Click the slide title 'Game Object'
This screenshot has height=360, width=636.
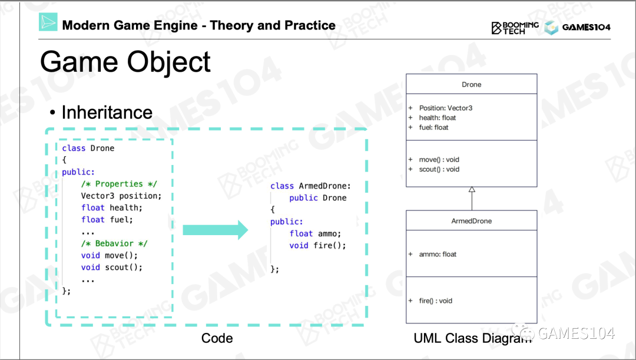coord(125,62)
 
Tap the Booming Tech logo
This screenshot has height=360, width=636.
coord(515,27)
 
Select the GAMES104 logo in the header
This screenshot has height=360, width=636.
coord(577,27)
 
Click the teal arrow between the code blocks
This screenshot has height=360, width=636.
coord(216,230)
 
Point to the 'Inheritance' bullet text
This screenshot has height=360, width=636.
coord(107,113)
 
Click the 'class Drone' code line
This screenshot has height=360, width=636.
coord(88,148)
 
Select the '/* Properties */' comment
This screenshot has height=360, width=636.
coord(119,184)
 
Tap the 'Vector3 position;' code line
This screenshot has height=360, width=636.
coord(121,196)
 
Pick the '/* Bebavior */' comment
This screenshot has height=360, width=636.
coord(114,243)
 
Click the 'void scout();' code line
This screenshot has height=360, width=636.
coord(112,267)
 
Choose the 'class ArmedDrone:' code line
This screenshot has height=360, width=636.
coord(310,186)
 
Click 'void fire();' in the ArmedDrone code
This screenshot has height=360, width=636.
coord(317,245)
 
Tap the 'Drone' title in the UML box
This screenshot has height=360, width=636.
coord(471,85)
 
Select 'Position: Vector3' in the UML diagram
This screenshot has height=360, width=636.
coord(445,108)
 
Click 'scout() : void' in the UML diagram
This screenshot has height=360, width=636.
coord(439,170)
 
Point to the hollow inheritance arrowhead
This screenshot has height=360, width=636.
coord(472,190)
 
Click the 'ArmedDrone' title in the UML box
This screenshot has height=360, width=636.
coord(471,222)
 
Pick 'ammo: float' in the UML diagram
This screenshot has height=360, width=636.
coord(438,255)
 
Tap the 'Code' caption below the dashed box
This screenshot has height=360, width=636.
coord(217,338)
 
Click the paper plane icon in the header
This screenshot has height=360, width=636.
coord(48,22)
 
